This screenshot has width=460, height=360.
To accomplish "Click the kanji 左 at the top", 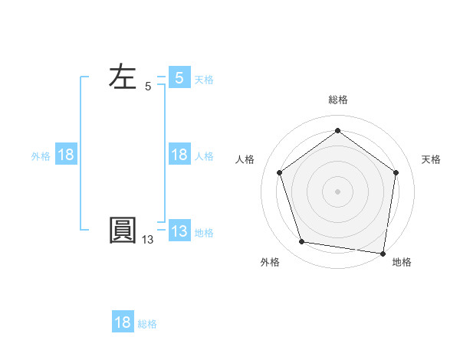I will coord(123,77).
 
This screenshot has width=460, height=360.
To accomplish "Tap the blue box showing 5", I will coord(179,77).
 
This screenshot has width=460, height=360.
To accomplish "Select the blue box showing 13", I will coord(179,231).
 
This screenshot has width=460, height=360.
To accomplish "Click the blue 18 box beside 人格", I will coord(179,155).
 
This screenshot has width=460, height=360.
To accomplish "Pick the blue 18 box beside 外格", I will coord(66,155).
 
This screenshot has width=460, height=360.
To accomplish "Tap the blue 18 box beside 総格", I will coord(123,322).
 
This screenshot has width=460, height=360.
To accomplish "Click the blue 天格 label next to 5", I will coord(204,79).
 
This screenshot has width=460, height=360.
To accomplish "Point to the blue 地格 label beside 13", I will coord(204,233).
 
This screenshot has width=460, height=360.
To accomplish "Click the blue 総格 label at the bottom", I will coord(147,324).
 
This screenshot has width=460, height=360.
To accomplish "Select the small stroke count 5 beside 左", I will coord(148,87).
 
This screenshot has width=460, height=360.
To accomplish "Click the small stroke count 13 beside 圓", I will coord(147,240).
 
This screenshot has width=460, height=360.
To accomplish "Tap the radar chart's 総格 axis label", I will coord(338,100).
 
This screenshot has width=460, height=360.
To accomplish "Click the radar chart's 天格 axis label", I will coord(432,159).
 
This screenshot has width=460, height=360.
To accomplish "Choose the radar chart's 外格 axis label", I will coord(269,262).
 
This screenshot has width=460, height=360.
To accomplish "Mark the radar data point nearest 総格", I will coord(337,131).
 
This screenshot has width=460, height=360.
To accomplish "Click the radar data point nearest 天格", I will coord(396,172).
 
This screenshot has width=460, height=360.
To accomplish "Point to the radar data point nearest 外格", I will coord(302,242).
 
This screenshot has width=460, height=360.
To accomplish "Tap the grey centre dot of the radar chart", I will coord(337,191).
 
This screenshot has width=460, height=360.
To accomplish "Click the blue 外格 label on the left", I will coord(41,155).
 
